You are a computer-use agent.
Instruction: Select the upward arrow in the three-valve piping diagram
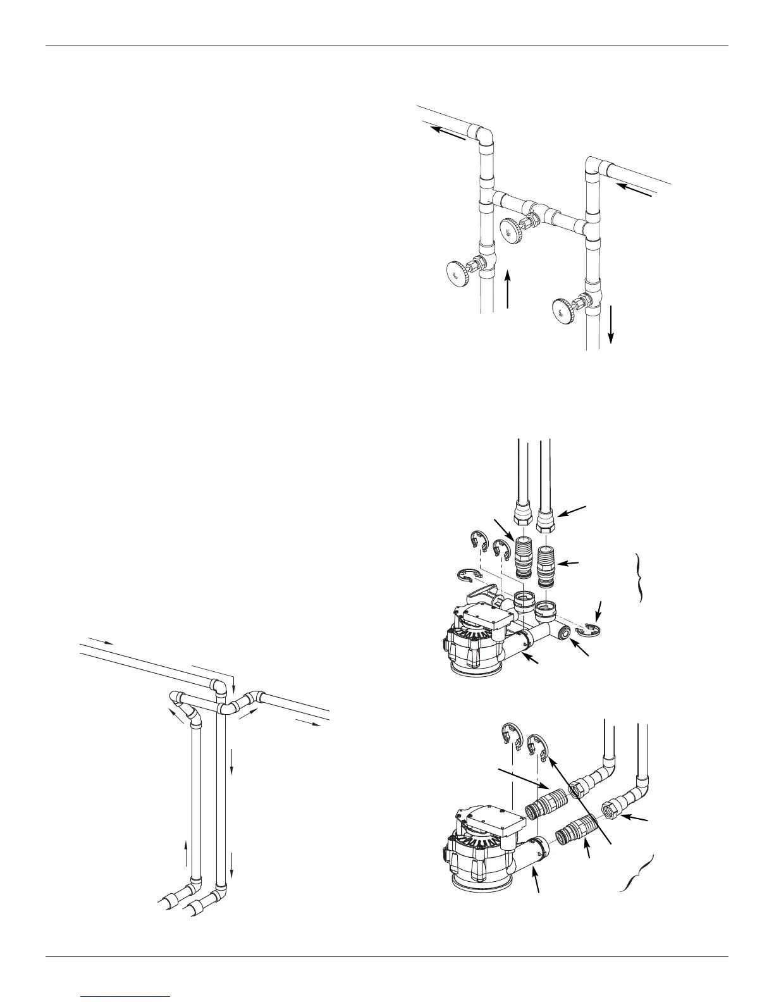[x=508, y=290]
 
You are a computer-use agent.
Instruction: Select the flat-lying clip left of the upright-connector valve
[x=469, y=575]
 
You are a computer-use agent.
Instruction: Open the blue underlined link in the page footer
[x=126, y=996]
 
